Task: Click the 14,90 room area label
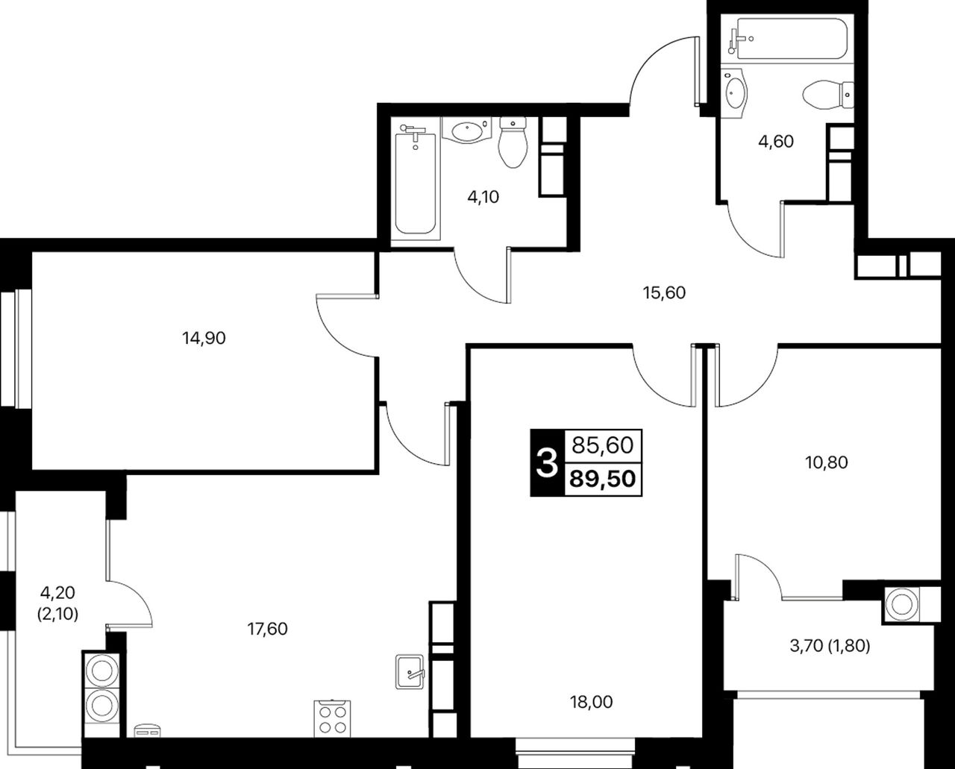point(204,339)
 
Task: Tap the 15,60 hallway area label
point(664,293)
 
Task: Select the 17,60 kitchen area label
point(267,630)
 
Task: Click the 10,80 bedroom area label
point(827,463)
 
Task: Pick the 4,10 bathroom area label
point(483,197)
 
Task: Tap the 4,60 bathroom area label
point(776,142)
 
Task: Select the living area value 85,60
point(602,445)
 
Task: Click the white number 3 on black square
point(547,462)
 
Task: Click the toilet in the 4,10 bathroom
point(513,142)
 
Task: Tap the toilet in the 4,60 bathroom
point(828,95)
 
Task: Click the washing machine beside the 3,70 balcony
point(901,605)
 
